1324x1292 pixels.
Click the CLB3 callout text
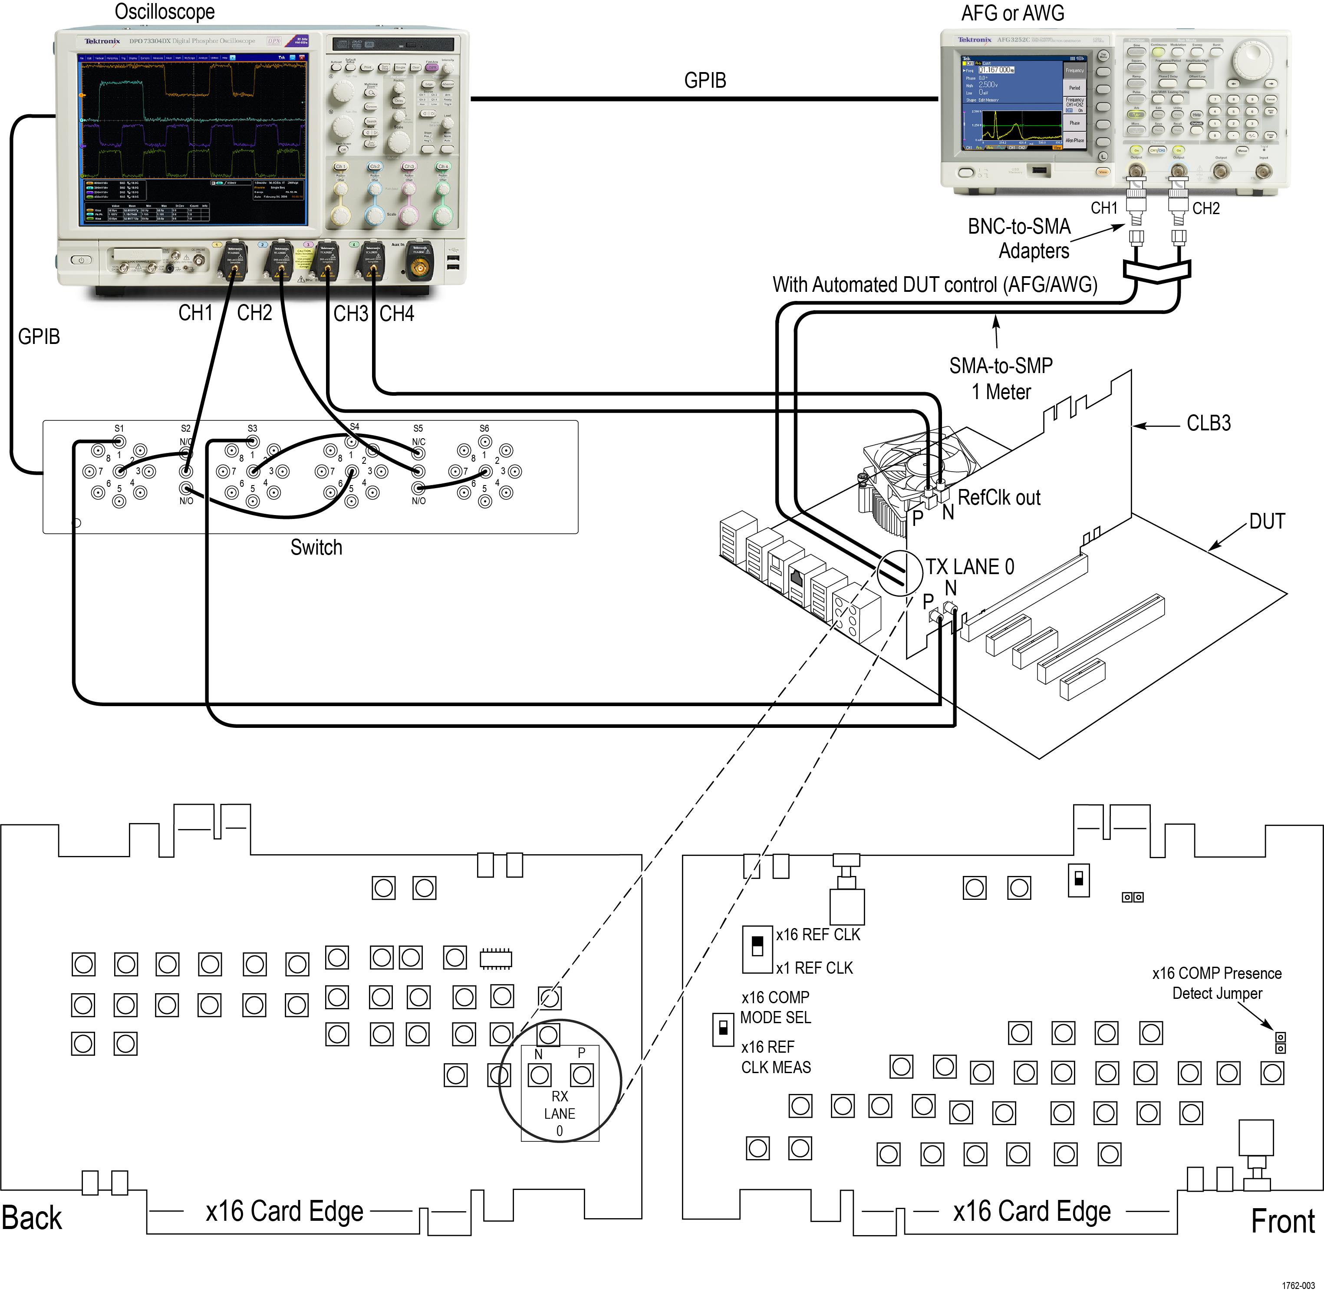(1209, 423)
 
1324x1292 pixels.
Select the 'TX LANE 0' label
(970, 567)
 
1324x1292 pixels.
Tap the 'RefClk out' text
(999, 497)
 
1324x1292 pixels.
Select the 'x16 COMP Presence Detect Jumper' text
(1217, 983)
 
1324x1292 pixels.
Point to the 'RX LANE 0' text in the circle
(560, 1114)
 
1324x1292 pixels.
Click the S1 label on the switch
(119, 428)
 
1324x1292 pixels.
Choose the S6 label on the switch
(484, 428)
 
